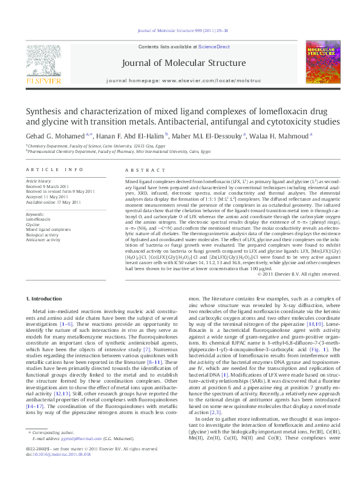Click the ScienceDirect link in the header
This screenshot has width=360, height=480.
[x=214, y=47]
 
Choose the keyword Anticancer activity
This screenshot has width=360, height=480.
[x=43, y=239]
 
